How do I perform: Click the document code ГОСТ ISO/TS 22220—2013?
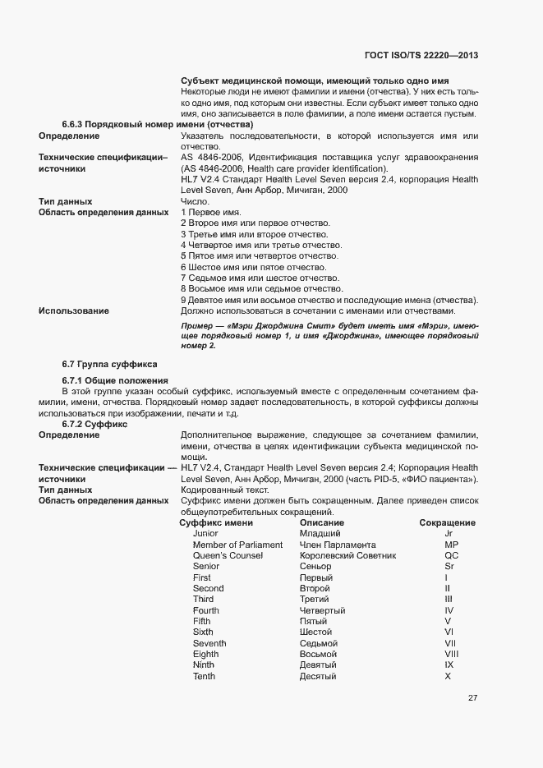click(421, 56)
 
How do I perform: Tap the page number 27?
click(472, 698)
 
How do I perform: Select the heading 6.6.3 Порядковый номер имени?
click(157, 124)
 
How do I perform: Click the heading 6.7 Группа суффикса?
click(109, 363)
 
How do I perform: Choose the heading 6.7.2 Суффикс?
click(94, 425)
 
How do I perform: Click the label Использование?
click(74, 310)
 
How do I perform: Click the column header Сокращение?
click(447, 522)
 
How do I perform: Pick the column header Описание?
click(322, 522)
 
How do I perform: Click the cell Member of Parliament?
click(237, 545)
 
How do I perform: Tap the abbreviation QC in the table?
click(451, 556)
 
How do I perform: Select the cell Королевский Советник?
click(347, 556)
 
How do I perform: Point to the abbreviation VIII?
click(451, 654)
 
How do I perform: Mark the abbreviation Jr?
click(449, 534)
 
